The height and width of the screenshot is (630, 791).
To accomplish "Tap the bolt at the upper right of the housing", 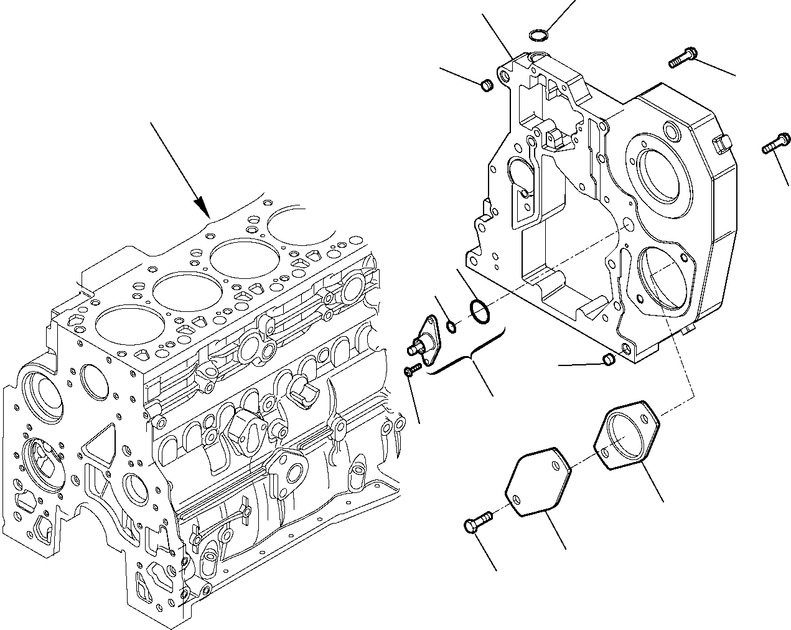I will click(682, 59).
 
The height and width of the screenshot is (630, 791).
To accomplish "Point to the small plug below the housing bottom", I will click(609, 360).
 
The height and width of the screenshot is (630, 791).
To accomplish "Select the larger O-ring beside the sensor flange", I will click(478, 312).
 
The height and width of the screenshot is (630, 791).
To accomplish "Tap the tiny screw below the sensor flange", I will click(410, 371).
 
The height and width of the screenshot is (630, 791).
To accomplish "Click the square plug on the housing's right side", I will click(722, 144).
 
